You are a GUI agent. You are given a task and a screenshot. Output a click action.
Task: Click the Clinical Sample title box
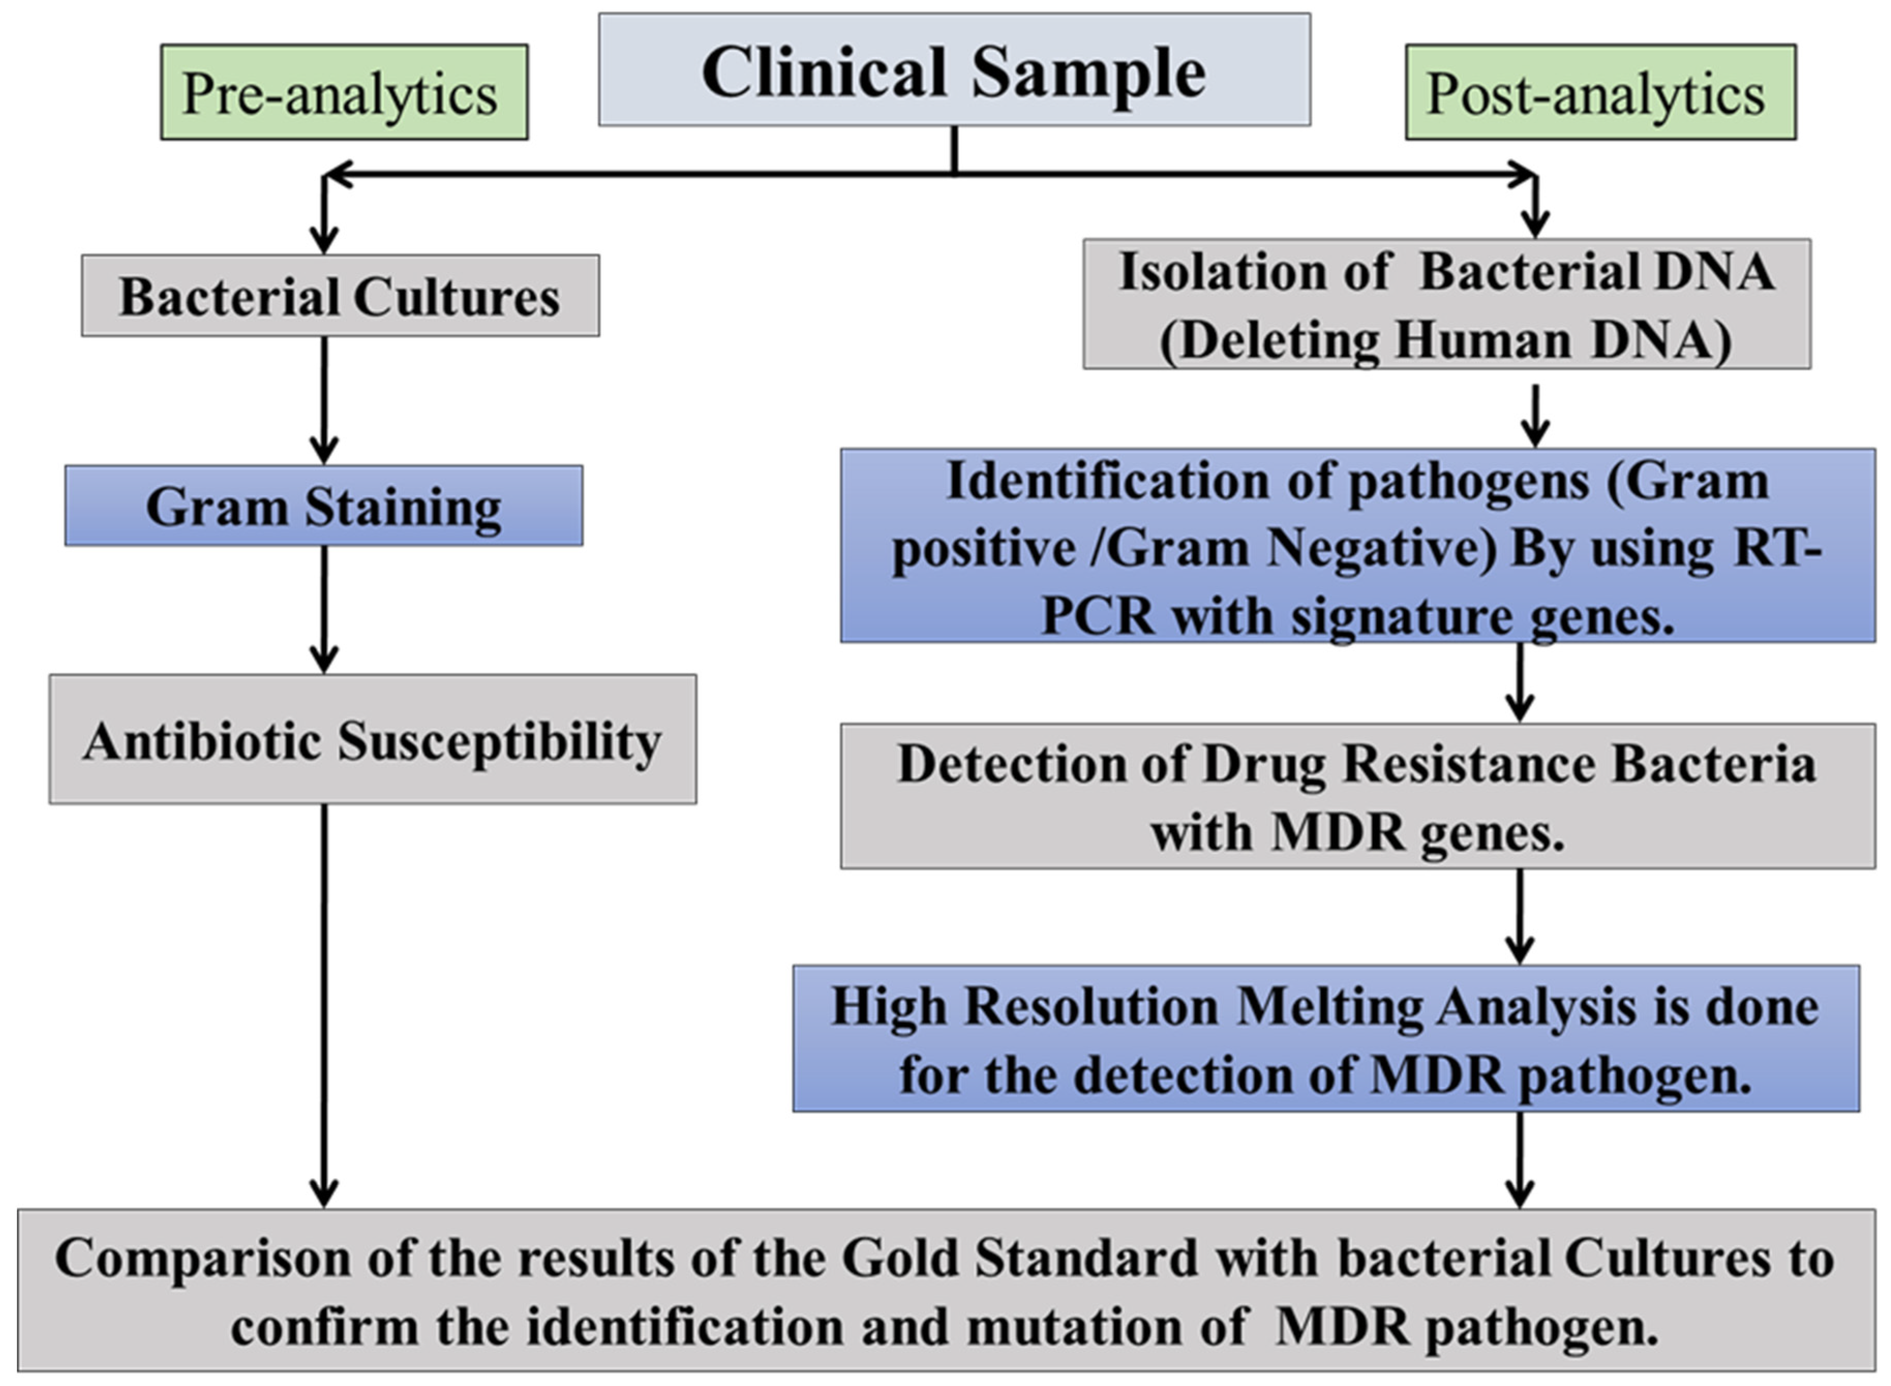click(x=954, y=70)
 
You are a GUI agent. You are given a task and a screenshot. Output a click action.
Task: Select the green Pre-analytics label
click(x=344, y=92)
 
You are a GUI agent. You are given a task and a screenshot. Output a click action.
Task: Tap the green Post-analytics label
click(x=1600, y=92)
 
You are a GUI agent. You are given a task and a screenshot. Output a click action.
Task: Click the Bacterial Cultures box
click(x=340, y=296)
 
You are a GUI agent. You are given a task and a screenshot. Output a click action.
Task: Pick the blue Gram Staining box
click(x=324, y=506)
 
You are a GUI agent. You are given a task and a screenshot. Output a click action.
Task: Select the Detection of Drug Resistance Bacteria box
click(x=1357, y=795)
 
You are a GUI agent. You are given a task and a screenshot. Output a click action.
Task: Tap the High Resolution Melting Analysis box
click(x=1325, y=1038)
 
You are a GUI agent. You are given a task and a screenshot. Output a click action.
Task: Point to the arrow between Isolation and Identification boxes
click(x=1534, y=415)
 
